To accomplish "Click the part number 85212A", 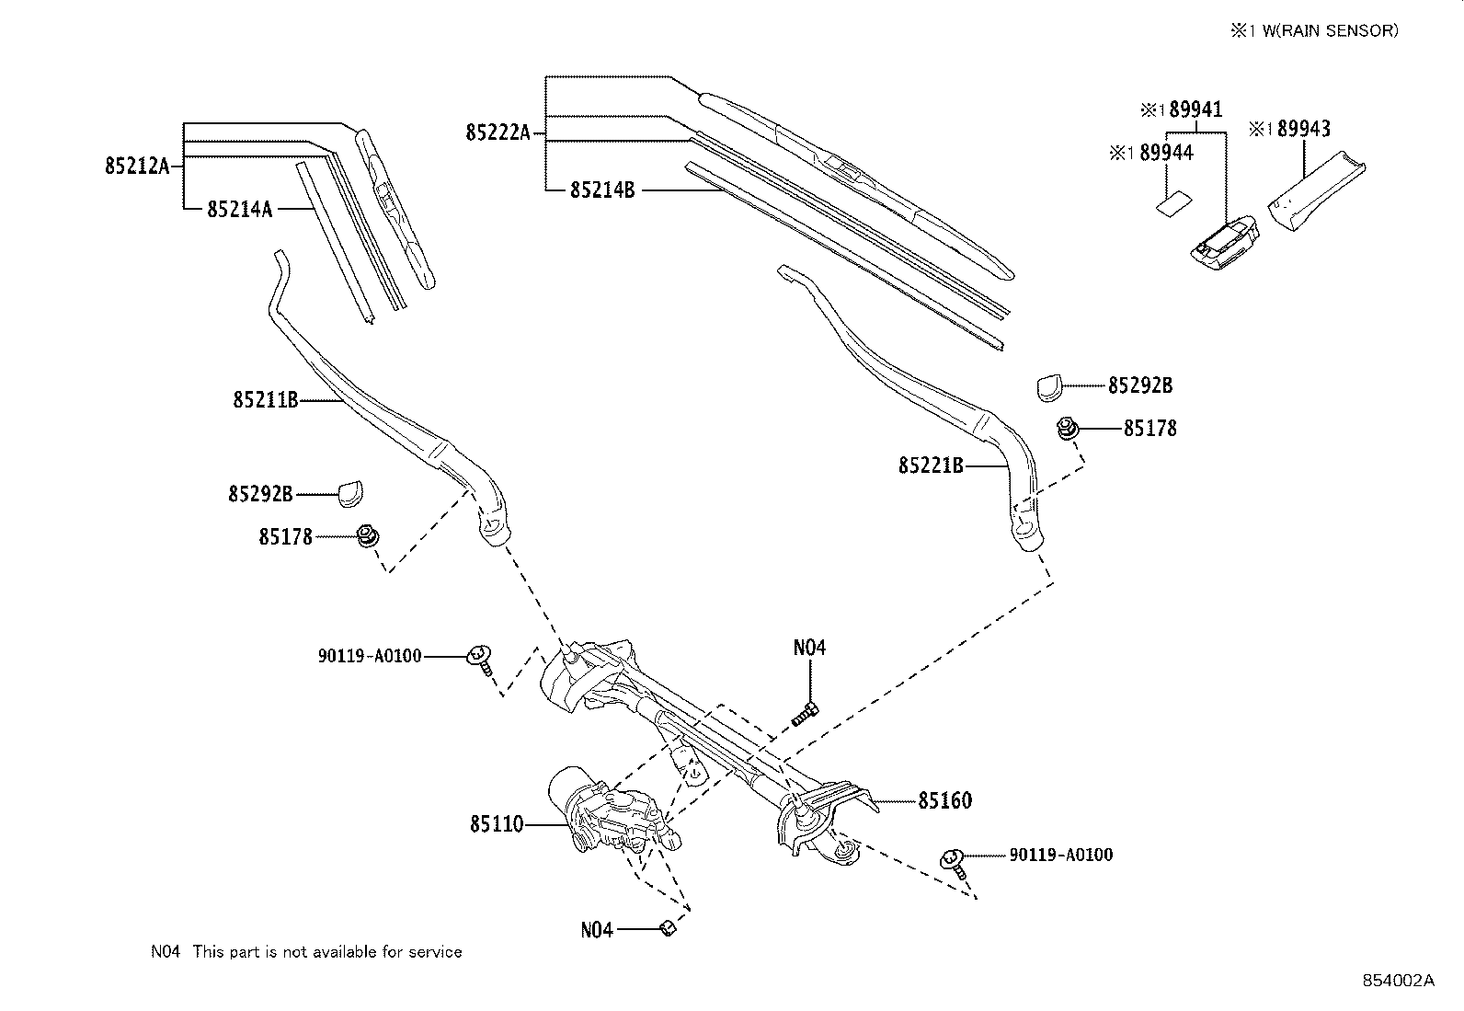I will pyautogui.click(x=137, y=166).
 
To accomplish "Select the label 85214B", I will pyautogui.click(x=602, y=190).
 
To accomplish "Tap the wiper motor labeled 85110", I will pyautogui.click(x=607, y=810).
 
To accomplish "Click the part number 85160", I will pyautogui.click(x=944, y=800).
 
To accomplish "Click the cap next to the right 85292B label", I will pyautogui.click(x=1049, y=387).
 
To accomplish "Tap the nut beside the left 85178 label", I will pyautogui.click(x=367, y=535).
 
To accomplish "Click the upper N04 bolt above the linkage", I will pyautogui.click(x=806, y=711).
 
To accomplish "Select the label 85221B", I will pyautogui.click(x=931, y=466).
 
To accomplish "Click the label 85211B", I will pyautogui.click(x=265, y=400).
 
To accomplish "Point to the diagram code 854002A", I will pyautogui.click(x=1397, y=980).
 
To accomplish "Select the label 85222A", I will pyautogui.click(x=498, y=133).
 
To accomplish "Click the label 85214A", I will pyautogui.click(x=239, y=209).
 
